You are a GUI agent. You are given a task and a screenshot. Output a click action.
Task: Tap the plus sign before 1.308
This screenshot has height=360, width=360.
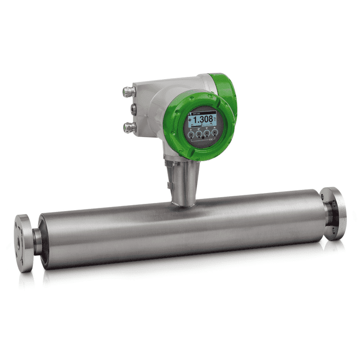(x=191, y=119)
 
